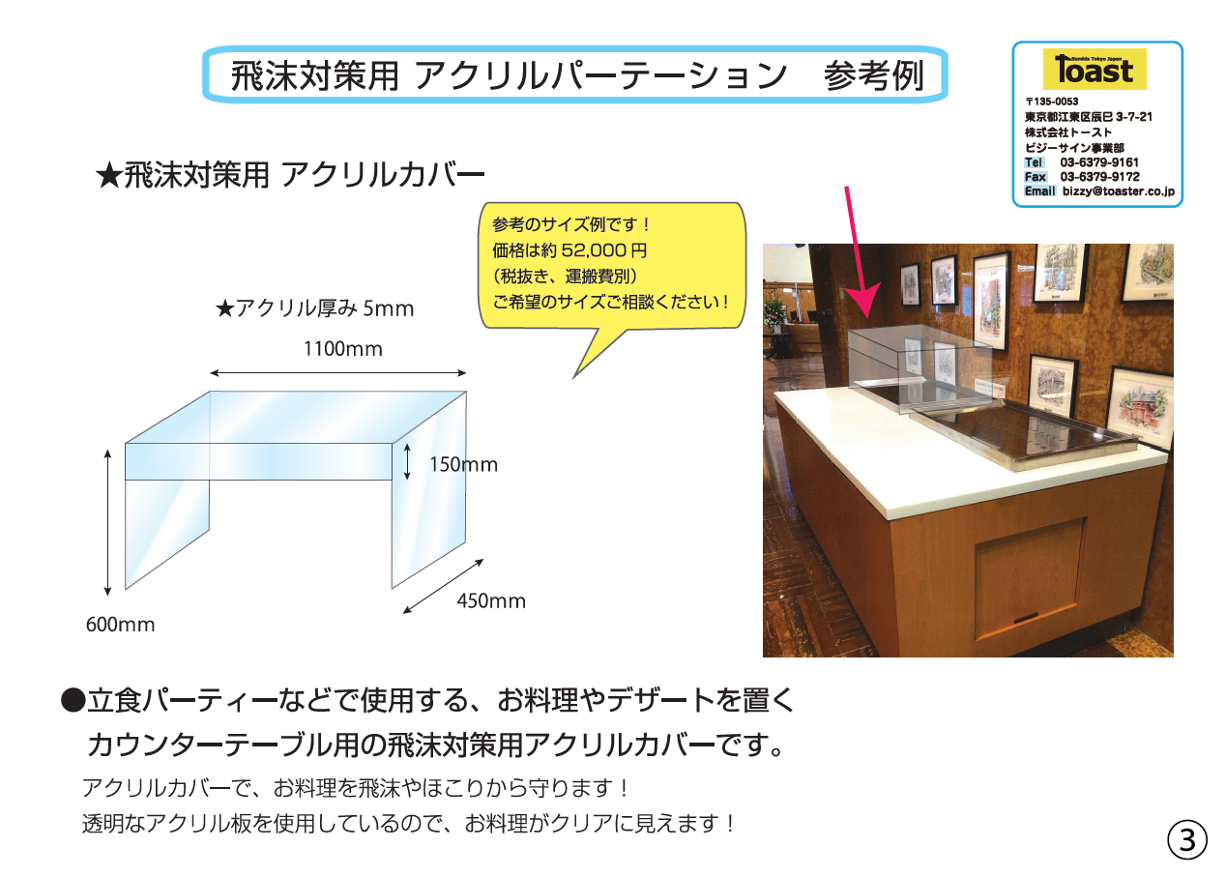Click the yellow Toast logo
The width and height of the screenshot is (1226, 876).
[x=1095, y=69]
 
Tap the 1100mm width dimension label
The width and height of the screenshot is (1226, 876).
[x=342, y=349]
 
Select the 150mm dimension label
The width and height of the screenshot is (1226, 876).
[x=463, y=464]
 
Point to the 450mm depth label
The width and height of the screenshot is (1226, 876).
[x=491, y=600]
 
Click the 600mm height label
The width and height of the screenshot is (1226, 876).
[x=121, y=625]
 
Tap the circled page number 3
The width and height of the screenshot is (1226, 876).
[x=1186, y=840]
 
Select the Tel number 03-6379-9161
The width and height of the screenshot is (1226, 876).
[x=1099, y=162]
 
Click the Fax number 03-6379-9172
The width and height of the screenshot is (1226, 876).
[x=1099, y=177]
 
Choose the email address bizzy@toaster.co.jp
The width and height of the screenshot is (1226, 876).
[x=1118, y=190]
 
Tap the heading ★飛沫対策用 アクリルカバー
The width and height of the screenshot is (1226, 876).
[x=290, y=176]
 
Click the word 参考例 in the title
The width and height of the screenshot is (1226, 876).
[x=873, y=76]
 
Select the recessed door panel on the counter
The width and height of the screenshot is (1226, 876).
[x=1030, y=579]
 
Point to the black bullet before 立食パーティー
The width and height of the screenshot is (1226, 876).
[x=73, y=700]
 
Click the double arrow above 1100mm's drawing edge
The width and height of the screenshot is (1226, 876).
[x=337, y=373]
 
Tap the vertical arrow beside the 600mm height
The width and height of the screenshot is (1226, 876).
[x=108, y=522]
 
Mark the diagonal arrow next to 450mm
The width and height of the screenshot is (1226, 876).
[x=444, y=586]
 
